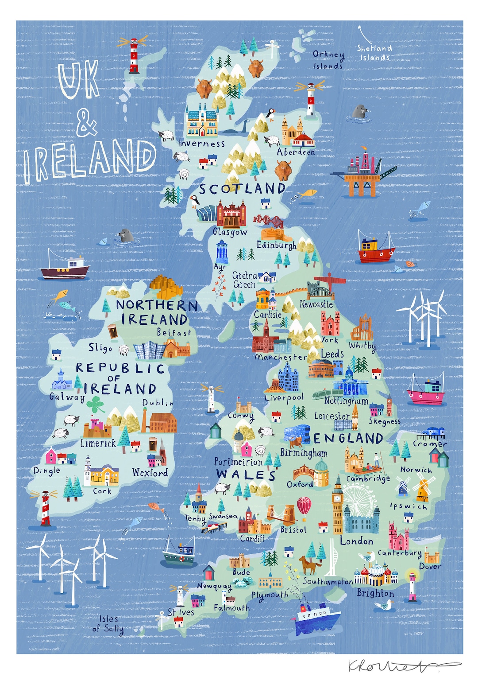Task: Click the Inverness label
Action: [x=202, y=144]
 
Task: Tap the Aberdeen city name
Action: [x=296, y=152]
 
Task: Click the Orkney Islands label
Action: [x=328, y=60]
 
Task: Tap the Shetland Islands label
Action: [x=374, y=53]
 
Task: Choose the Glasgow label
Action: [x=230, y=232]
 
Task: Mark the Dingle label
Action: [x=46, y=471]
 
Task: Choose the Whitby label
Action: [x=362, y=346]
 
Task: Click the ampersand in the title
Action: [x=86, y=123]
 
